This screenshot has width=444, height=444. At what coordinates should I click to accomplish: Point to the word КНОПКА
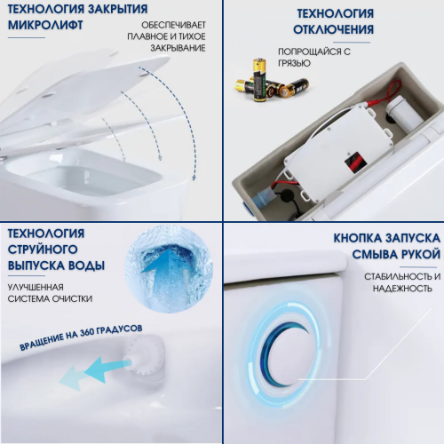(364, 238)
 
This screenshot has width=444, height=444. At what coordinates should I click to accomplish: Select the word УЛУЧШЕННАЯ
(36, 286)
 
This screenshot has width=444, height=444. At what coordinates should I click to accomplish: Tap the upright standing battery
(259, 78)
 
